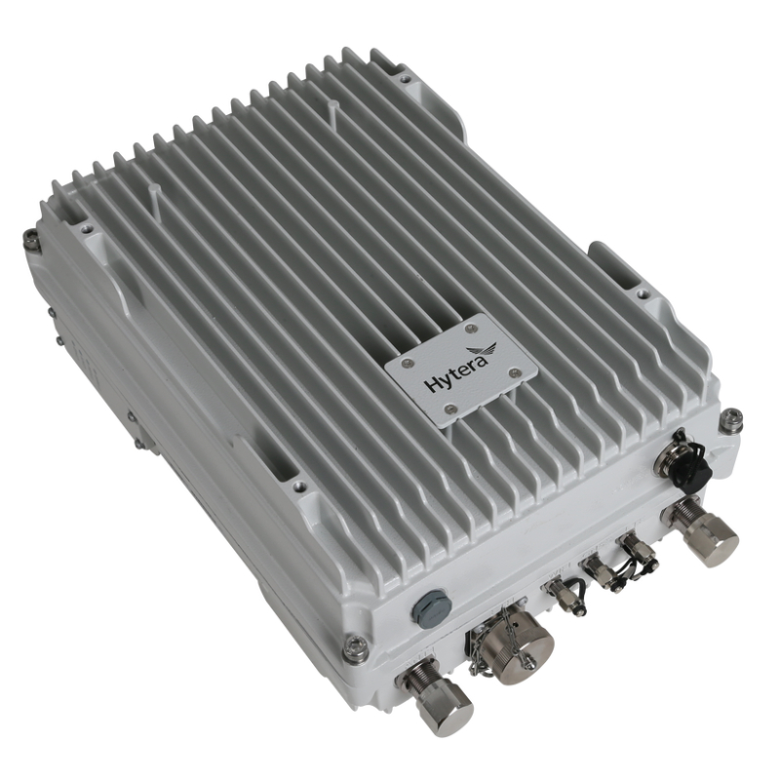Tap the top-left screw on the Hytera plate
tap(408, 362)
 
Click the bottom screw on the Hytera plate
tap(451, 409)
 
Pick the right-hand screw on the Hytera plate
tap(515, 370)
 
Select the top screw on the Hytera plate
tap(471, 328)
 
